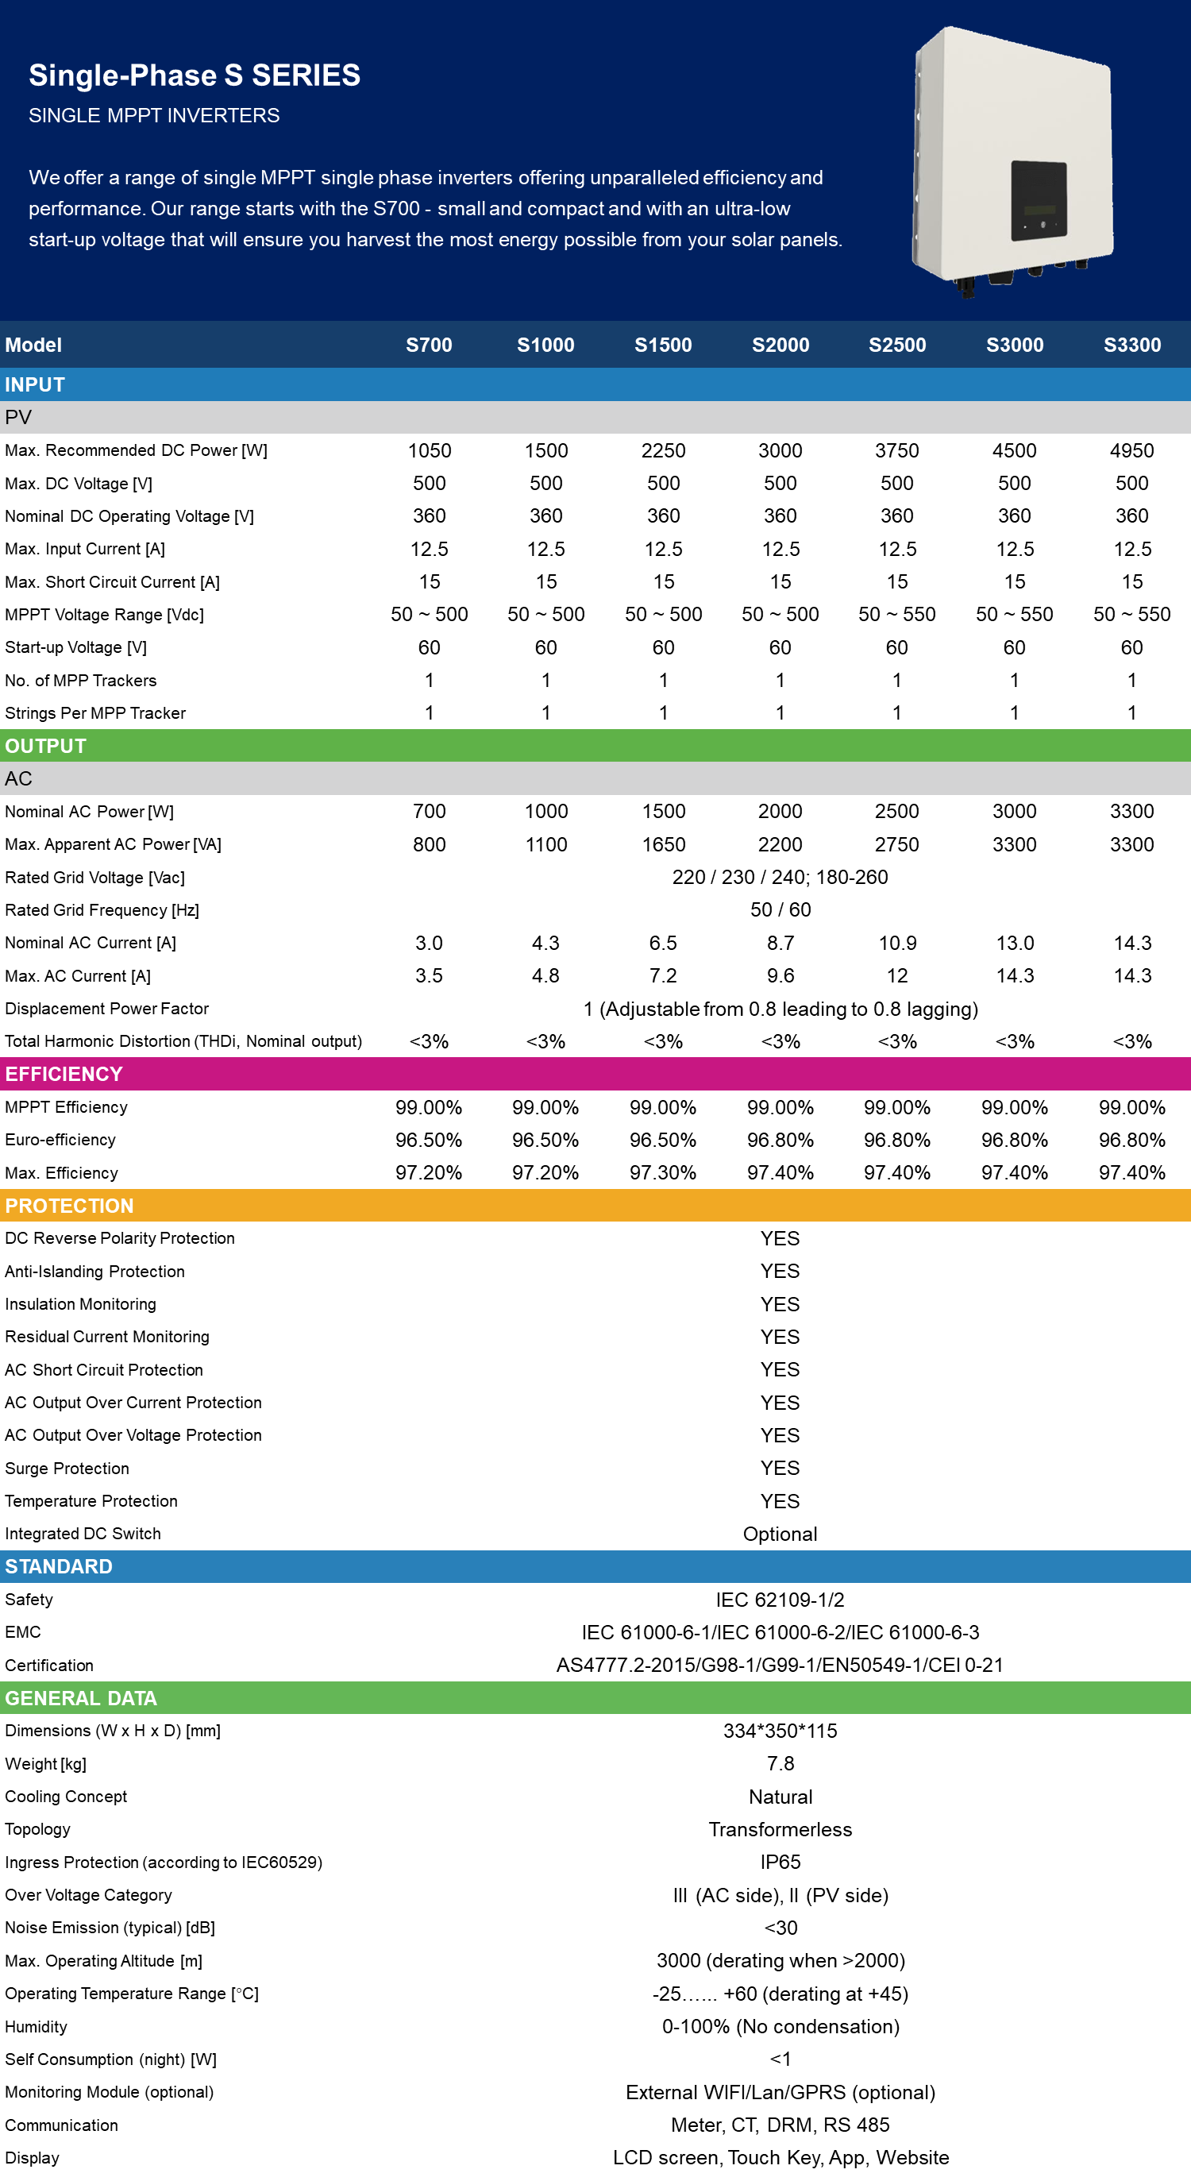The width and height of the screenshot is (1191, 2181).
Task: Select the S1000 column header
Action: (545, 345)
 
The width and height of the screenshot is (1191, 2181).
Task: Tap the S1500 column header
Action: (663, 345)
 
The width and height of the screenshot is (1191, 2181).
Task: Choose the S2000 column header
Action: (781, 345)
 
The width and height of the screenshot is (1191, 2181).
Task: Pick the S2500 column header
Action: (897, 345)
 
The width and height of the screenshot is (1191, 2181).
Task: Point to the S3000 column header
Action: (1014, 345)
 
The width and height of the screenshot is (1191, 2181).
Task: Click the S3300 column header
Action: (1131, 345)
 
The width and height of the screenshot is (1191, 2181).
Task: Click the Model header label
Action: (33, 345)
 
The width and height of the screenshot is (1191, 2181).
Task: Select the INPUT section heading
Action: (35, 385)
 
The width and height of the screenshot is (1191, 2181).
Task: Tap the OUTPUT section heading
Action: (46, 746)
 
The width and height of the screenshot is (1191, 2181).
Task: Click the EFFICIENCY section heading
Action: (64, 1075)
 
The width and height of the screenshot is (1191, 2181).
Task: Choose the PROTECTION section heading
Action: (69, 1206)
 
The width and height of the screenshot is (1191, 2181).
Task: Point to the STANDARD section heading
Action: (59, 1566)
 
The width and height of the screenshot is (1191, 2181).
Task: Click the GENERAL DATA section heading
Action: (81, 1698)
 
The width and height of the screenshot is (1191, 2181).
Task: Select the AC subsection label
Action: (17, 779)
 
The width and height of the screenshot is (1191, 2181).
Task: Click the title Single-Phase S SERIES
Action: (195, 75)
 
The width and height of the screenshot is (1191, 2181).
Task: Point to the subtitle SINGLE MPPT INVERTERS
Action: (154, 116)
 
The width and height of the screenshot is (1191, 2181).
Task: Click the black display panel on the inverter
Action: (1039, 201)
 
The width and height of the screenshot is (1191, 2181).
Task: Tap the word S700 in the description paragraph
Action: (396, 209)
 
